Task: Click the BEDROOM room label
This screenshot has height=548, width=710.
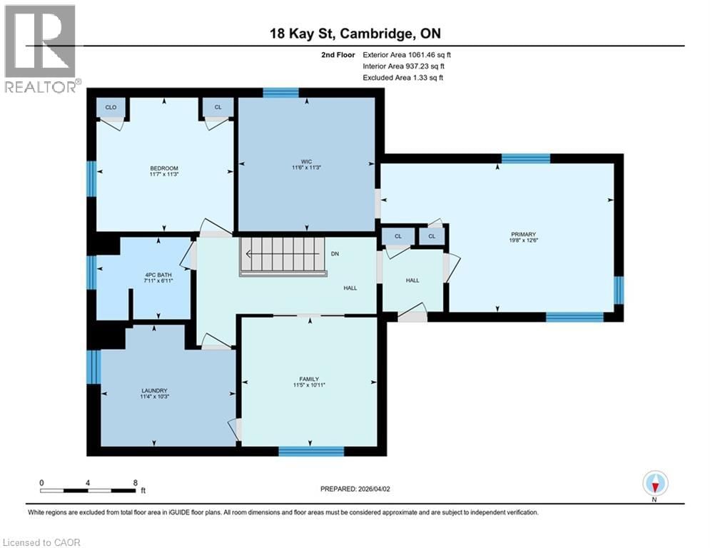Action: click(164, 168)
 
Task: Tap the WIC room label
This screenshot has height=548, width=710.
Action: click(307, 161)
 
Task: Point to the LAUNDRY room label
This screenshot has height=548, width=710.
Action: click(154, 390)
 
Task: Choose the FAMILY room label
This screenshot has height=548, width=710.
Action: click(309, 379)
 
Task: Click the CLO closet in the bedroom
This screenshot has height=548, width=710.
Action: click(111, 108)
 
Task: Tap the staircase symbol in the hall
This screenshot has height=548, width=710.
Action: click(284, 254)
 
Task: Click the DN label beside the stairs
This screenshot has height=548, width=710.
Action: click(335, 253)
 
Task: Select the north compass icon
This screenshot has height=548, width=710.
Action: click(654, 484)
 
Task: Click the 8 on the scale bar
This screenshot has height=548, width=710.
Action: click(135, 482)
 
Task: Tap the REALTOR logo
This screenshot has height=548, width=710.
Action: click(41, 49)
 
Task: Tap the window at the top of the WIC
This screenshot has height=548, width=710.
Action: click(280, 92)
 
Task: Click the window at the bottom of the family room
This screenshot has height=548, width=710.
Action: click(311, 450)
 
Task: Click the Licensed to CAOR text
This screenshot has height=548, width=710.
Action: click(42, 542)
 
